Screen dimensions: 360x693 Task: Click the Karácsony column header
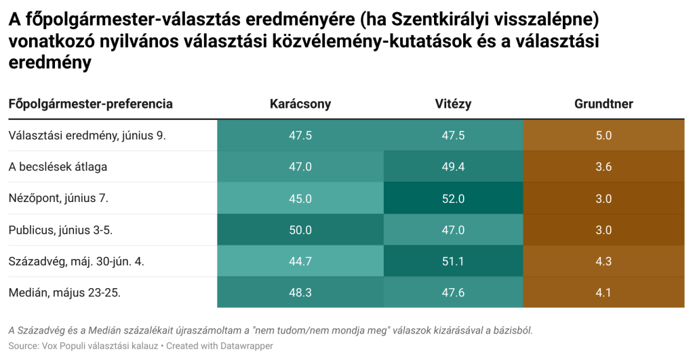pyautogui.click(x=300, y=104)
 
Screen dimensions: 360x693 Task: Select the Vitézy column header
pyautogui.click(x=453, y=104)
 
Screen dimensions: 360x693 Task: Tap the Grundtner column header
pyautogui.click(x=603, y=104)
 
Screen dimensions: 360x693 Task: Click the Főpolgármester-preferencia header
pyautogui.click(x=90, y=104)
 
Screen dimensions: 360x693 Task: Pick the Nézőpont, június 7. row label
pyautogui.click(x=58, y=199)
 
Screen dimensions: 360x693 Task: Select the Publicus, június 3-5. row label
pyautogui.click(x=60, y=230)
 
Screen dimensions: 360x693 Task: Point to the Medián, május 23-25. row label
pyautogui.click(x=64, y=293)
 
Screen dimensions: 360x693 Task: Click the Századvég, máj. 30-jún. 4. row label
pyautogui.click(x=76, y=262)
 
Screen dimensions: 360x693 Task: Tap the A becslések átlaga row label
pyautogui.click(x=58, y=167)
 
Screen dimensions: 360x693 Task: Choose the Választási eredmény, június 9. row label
pyautogui.click(x=87, y=136)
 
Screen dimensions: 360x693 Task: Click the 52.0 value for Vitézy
pyautogui.click(x=453, y=199)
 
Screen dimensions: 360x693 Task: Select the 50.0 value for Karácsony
pyautogui.click(x=300, y=230)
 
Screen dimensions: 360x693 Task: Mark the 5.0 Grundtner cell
pyautogui.click(x=603, y=136)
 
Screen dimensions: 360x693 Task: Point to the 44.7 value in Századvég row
pyautogui.click(x=300, y=262)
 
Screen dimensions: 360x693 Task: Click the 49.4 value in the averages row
pyautogui.click(x=453, y=167)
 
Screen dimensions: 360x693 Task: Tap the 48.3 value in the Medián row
pyautogui.click(x=300, y=293)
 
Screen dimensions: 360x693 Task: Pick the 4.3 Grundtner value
pyautogui.click(x=603, y=262)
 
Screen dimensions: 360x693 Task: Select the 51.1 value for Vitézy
pyautogui.click(x=453, y=262)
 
